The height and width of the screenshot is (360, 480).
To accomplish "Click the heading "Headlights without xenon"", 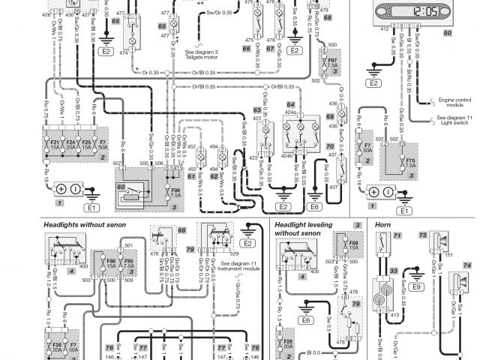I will click(x=83, y=224).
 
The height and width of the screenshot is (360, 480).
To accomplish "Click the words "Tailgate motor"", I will click(x=202, y=56).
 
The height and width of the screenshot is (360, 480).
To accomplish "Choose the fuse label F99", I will click(x=176, y=189).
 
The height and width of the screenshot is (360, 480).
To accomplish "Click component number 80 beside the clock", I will click(x=447, y=33).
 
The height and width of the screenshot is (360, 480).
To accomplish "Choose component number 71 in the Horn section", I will click(x=398, y=237).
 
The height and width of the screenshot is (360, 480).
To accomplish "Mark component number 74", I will click(x=466, y=265).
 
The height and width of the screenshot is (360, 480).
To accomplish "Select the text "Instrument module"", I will click(x=241, y=267).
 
